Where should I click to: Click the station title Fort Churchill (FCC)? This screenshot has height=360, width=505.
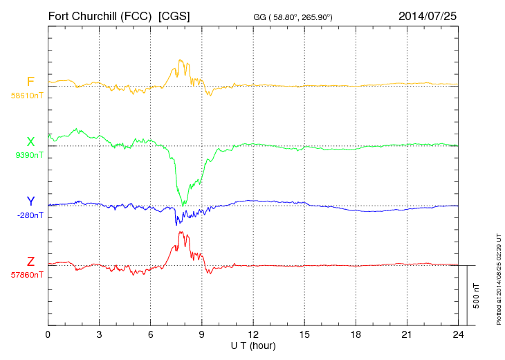click(100, 15)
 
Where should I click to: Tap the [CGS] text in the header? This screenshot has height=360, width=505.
click(174, 15)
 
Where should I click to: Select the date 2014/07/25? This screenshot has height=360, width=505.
click(428, 15)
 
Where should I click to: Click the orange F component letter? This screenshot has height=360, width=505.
click(30, 82)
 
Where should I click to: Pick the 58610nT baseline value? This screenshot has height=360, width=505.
click(28, 96)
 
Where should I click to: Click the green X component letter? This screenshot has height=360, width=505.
click(30, 142)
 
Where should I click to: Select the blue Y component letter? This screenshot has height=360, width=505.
click(30, 201)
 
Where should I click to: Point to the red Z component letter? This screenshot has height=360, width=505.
click(30, 262)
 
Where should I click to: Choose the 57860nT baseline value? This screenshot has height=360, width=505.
click(27, 275)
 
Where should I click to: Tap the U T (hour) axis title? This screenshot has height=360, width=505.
click(253, 345)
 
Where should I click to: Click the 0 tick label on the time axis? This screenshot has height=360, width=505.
click(48, 334)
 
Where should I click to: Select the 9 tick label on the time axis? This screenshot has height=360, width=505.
click(202, 334)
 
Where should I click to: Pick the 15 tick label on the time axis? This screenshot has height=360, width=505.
click(304, 334)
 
